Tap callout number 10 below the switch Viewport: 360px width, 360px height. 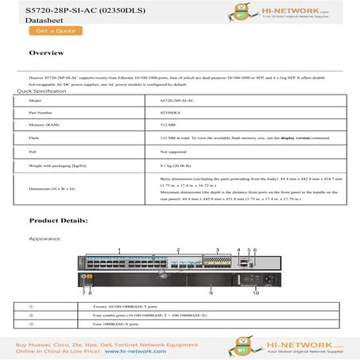coord(256,292)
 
